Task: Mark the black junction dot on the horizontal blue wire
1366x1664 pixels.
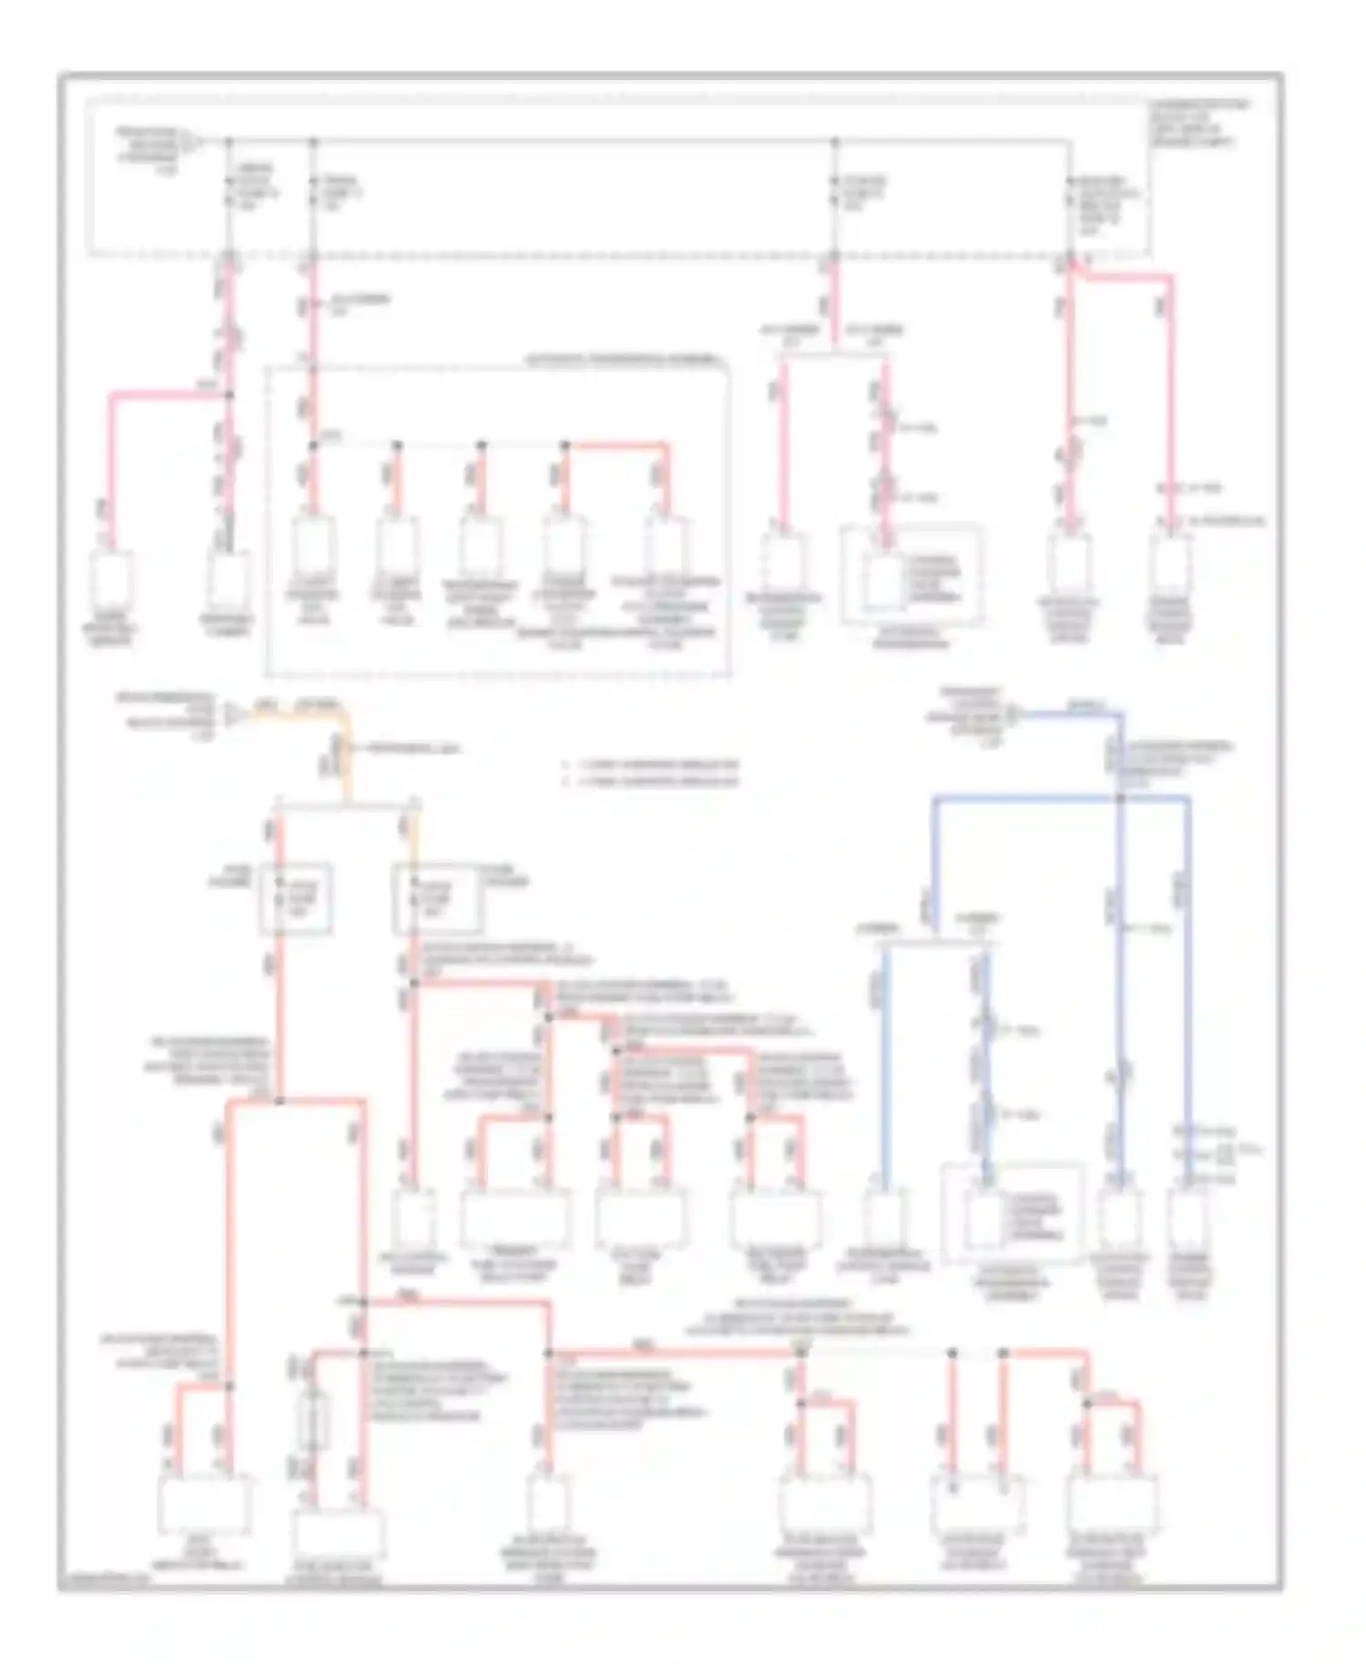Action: pyautogui.click(x=1120, y=798)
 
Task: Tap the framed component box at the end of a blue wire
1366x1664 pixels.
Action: pyautogui.click(x=1012, y=1212)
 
